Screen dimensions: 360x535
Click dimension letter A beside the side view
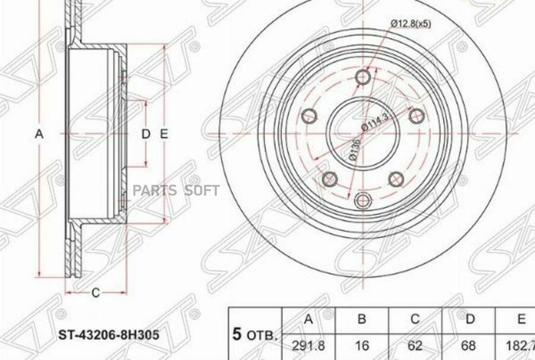click(39, 134)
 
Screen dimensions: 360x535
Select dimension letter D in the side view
click(146, 134)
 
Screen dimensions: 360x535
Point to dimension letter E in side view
click(165, 134)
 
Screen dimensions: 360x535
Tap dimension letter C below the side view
click(95, 292)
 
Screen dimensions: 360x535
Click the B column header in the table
click(361, 320)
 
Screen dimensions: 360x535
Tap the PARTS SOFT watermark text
click(176, 190)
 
